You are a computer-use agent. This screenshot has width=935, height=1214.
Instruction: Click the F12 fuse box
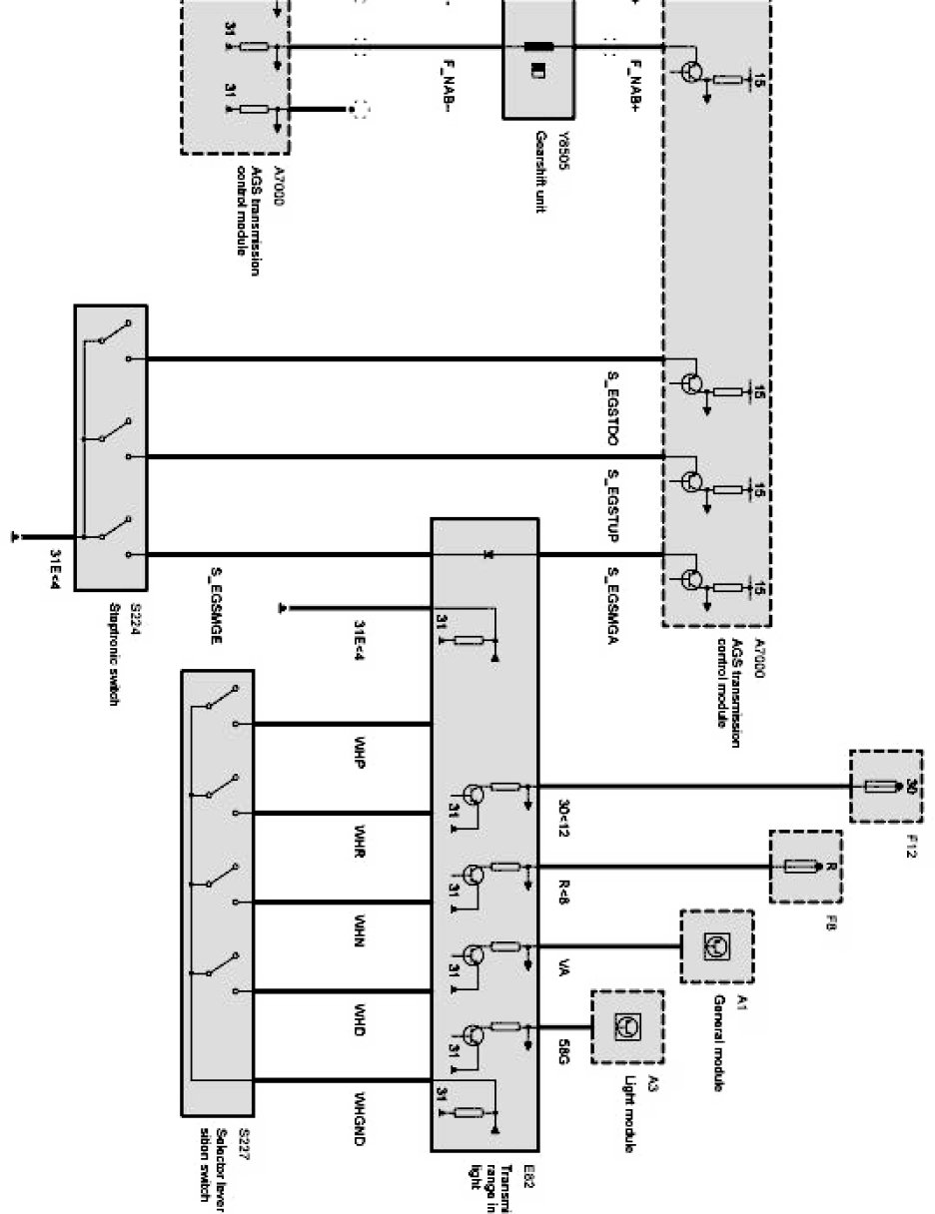point(884,787)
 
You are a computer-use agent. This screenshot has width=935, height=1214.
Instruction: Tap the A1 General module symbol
point(716,945)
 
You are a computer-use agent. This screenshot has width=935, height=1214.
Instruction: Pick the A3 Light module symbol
point(626,1025)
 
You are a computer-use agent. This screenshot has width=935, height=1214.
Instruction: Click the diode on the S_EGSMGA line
point(486,553)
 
